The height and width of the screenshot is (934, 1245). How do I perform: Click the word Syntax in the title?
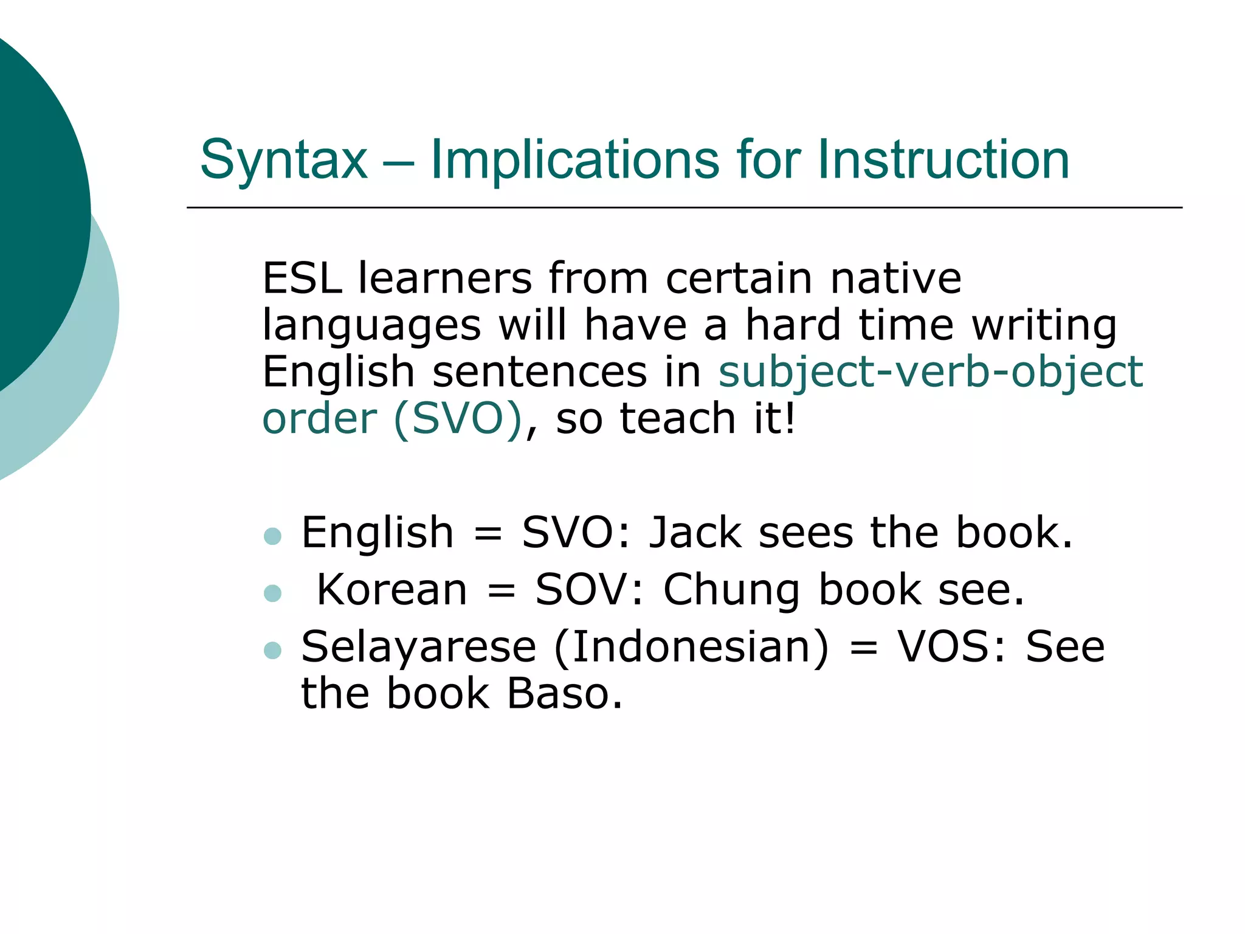(284, 161)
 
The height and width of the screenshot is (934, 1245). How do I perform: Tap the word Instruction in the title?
(943, 159)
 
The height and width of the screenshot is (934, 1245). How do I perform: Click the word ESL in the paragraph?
(302, 278)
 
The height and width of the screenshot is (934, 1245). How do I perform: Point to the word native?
(895, 278)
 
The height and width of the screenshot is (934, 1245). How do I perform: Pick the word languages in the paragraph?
(371, 326)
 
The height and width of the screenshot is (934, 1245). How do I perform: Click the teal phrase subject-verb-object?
(930, 372)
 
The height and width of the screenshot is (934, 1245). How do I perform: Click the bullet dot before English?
(273, 536)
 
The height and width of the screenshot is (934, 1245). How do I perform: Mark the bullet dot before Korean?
(273, 593)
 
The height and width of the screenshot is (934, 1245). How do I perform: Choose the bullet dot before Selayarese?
(273, 650)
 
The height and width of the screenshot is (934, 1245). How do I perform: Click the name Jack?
(695, 533)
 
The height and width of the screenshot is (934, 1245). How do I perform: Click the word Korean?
(392, 589)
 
